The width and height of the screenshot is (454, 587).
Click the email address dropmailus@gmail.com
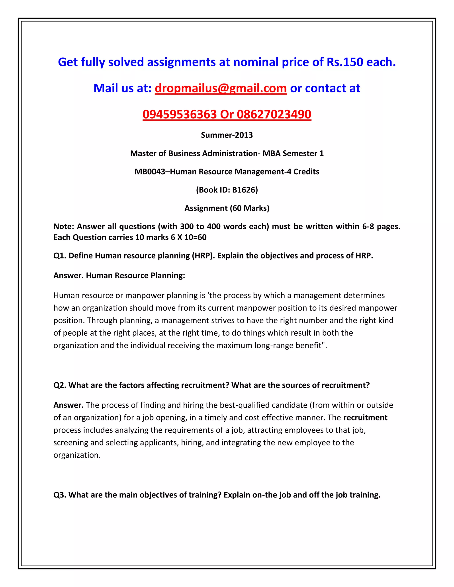(x=221, y=88)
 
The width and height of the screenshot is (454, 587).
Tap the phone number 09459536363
(x=179, y=114)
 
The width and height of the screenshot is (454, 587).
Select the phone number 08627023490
(x=274, y=114)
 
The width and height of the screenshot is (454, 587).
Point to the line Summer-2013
(x=227, y=135)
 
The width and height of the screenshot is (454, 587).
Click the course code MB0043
(x=150, y=171)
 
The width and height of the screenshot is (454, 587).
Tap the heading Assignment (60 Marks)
(x=227, y=208)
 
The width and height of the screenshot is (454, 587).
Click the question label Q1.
(x=59, y=255)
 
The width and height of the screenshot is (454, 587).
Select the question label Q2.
(x=59, y=385)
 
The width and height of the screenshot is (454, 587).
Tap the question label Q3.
(x=59, y=495)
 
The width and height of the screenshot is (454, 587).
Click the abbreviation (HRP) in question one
(x=203, y=255)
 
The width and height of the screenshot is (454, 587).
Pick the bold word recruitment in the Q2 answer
(x=365, y=417)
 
